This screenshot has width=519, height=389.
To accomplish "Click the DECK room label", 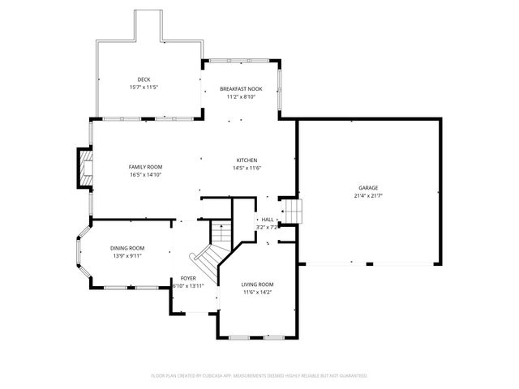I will click(144, 79).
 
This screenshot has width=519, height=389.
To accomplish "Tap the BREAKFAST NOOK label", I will click(241, 88).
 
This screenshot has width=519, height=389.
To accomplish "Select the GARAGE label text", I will click(367, 187).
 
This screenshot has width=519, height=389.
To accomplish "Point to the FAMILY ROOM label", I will click(145, 166).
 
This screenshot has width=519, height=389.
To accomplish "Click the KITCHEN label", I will click(247, 160).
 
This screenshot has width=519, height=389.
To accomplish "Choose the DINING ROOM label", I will click(127, 248).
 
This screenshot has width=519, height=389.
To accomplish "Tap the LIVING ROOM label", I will click(258, 284).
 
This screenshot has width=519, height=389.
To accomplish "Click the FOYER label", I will click(188, 278).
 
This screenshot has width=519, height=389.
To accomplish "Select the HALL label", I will click(267, 220).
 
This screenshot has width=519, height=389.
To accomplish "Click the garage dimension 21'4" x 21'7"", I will click(367, 195).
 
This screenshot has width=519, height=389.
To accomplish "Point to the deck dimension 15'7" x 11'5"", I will click(144, 87).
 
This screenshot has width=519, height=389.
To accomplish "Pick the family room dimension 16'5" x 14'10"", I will click(145, 174).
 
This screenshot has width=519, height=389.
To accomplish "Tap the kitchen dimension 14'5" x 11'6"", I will click(247, 168).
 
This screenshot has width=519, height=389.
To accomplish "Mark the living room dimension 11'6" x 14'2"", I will click(258, 293).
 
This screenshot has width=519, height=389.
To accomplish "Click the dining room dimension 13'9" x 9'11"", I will click(127, 256).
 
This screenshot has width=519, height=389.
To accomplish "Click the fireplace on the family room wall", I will click(84, 168).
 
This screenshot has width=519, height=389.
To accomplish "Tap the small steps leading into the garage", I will click(292, 211).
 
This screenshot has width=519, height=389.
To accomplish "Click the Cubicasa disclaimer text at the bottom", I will click(259, 375).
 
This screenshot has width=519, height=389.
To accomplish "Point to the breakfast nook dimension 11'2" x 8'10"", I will click(241, 96).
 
